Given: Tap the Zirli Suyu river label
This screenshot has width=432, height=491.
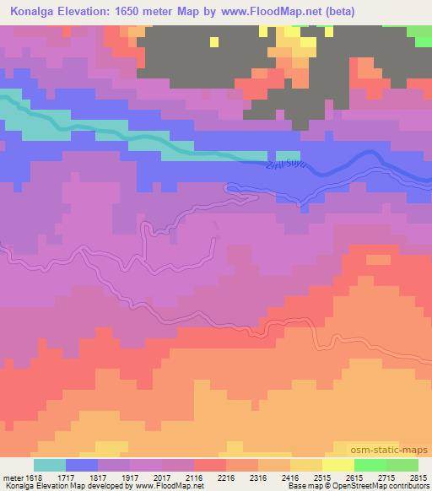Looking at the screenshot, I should click(x=283, y=160).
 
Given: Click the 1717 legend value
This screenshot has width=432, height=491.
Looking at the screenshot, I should click(x=65, y=477).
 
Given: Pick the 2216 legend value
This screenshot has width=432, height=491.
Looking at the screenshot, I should click(x=225, y=477).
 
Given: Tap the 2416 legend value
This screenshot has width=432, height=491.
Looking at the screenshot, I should click(x=289, y=477).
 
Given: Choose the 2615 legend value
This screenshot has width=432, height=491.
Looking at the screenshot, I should click(x=354, y=477).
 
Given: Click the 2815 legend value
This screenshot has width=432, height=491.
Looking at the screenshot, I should click(x=418, y=477).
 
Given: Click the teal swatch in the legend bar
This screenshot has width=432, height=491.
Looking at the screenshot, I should click(x=49, y=465).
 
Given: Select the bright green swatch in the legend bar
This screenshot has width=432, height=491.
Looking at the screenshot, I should click(x=370, y=465).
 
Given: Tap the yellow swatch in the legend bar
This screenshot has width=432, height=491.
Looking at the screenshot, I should click(x=337, y=465).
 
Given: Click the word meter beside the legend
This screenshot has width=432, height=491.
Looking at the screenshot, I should click(x=12, y=477).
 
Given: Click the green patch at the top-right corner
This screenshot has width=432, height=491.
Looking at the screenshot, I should click(x=419, y=35).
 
